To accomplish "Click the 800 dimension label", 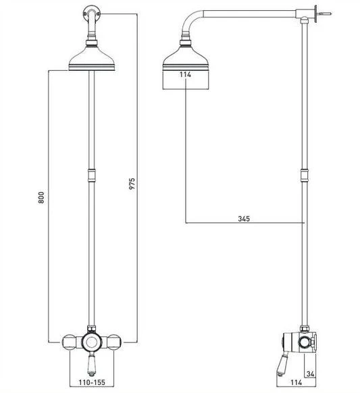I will coord(41,198).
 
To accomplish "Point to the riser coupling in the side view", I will coord(305,178).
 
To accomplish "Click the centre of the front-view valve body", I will coord(92,340).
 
